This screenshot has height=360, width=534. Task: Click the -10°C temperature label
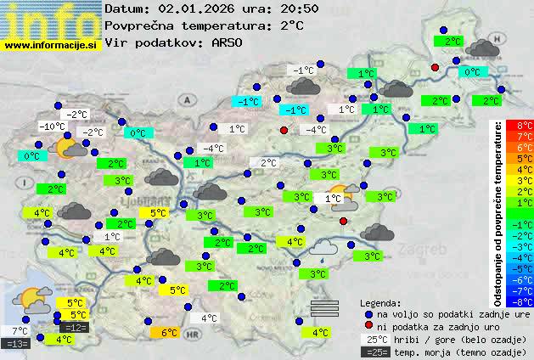[x=52, y=127]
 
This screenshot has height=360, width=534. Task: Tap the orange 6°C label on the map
[x=167, y=333]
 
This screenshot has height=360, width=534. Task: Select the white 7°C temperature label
[x=19, y=330]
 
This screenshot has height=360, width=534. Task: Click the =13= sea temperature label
[x=16, y=343]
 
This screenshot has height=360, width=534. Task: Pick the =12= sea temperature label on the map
[x=74, y=327]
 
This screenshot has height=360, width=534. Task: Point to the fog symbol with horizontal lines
[x=324, y=307]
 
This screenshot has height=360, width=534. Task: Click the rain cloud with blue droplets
[x=323, y=247]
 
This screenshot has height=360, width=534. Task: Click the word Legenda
[x=381, y=302]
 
